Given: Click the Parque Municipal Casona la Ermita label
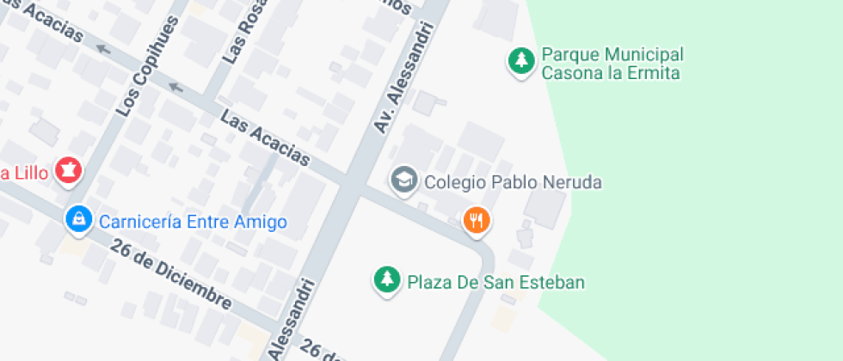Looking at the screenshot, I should pos(612,64).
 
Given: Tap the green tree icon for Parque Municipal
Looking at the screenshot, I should pos(520,60).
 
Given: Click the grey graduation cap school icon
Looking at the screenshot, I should pos(403,180).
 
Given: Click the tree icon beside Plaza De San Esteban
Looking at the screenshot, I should pos(387,278).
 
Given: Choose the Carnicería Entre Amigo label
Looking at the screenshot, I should pos(193,222).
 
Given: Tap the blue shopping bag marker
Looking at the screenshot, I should pos(78,219).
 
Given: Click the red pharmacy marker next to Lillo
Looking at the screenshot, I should pos(68,169).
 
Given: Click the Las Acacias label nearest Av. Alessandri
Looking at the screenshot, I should pos(265,138).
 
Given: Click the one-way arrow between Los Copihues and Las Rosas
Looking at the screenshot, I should pos(176,86).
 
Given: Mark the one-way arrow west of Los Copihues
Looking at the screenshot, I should pos(103,49).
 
